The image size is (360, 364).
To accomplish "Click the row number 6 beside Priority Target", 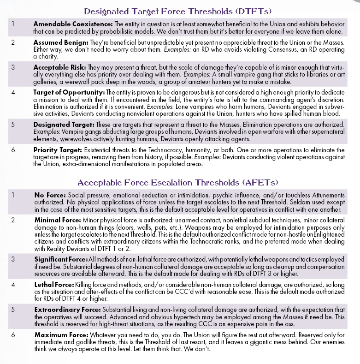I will [13, 150].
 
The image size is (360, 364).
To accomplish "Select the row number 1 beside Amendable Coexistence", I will [13, 23].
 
